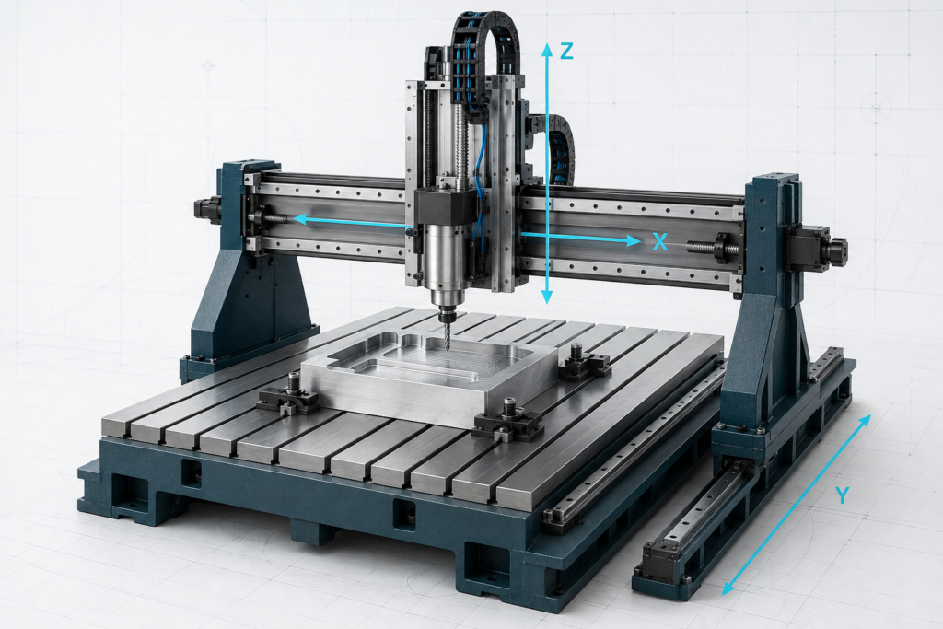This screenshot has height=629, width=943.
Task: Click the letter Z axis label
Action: (x=566, y=52)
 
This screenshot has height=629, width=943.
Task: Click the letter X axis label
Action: (x=660, y=241)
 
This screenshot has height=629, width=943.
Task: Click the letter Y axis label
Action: (x=843, y=495)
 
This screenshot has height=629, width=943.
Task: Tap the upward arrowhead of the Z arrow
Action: (x=547, y=49)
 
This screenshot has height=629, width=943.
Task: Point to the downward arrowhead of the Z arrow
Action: (x=547, y=297)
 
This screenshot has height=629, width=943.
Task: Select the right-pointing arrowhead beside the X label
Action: (x=634, y=241)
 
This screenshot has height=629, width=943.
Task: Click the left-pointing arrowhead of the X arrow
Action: (x=299, y=219)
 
